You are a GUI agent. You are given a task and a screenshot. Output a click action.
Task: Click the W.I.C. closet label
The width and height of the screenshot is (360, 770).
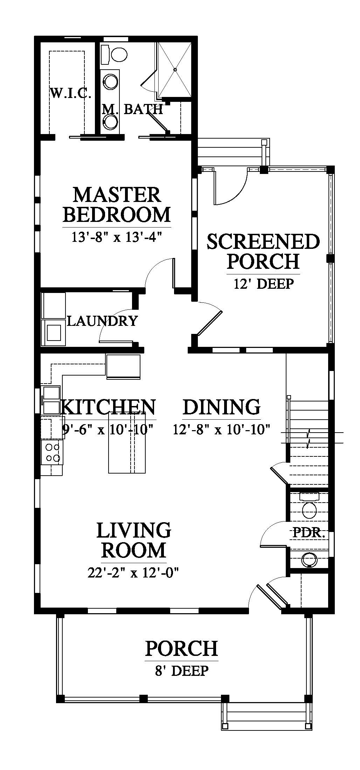point(71,93)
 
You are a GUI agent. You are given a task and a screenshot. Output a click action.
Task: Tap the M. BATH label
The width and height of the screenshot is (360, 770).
point(132,110)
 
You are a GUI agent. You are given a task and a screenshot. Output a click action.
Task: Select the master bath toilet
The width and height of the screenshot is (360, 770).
point(114,55)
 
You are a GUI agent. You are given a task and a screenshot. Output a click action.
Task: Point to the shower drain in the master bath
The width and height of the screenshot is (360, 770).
point(175,69)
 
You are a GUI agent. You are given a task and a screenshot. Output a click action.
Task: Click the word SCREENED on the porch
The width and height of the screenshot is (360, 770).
point(263,241)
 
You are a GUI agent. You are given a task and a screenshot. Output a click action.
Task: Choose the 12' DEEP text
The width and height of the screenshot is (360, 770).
point(263,283)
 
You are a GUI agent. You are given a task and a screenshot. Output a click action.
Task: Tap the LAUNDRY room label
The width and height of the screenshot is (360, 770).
point(102,321)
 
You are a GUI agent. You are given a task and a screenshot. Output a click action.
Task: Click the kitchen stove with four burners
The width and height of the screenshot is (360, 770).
point(52,452)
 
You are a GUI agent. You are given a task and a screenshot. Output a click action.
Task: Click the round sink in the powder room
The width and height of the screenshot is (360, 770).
point(308,559)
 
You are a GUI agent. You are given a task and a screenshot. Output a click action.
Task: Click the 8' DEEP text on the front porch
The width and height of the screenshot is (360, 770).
point(182,671)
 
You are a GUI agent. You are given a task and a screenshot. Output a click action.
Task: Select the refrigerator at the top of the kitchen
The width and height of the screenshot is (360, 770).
point(123,366)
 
